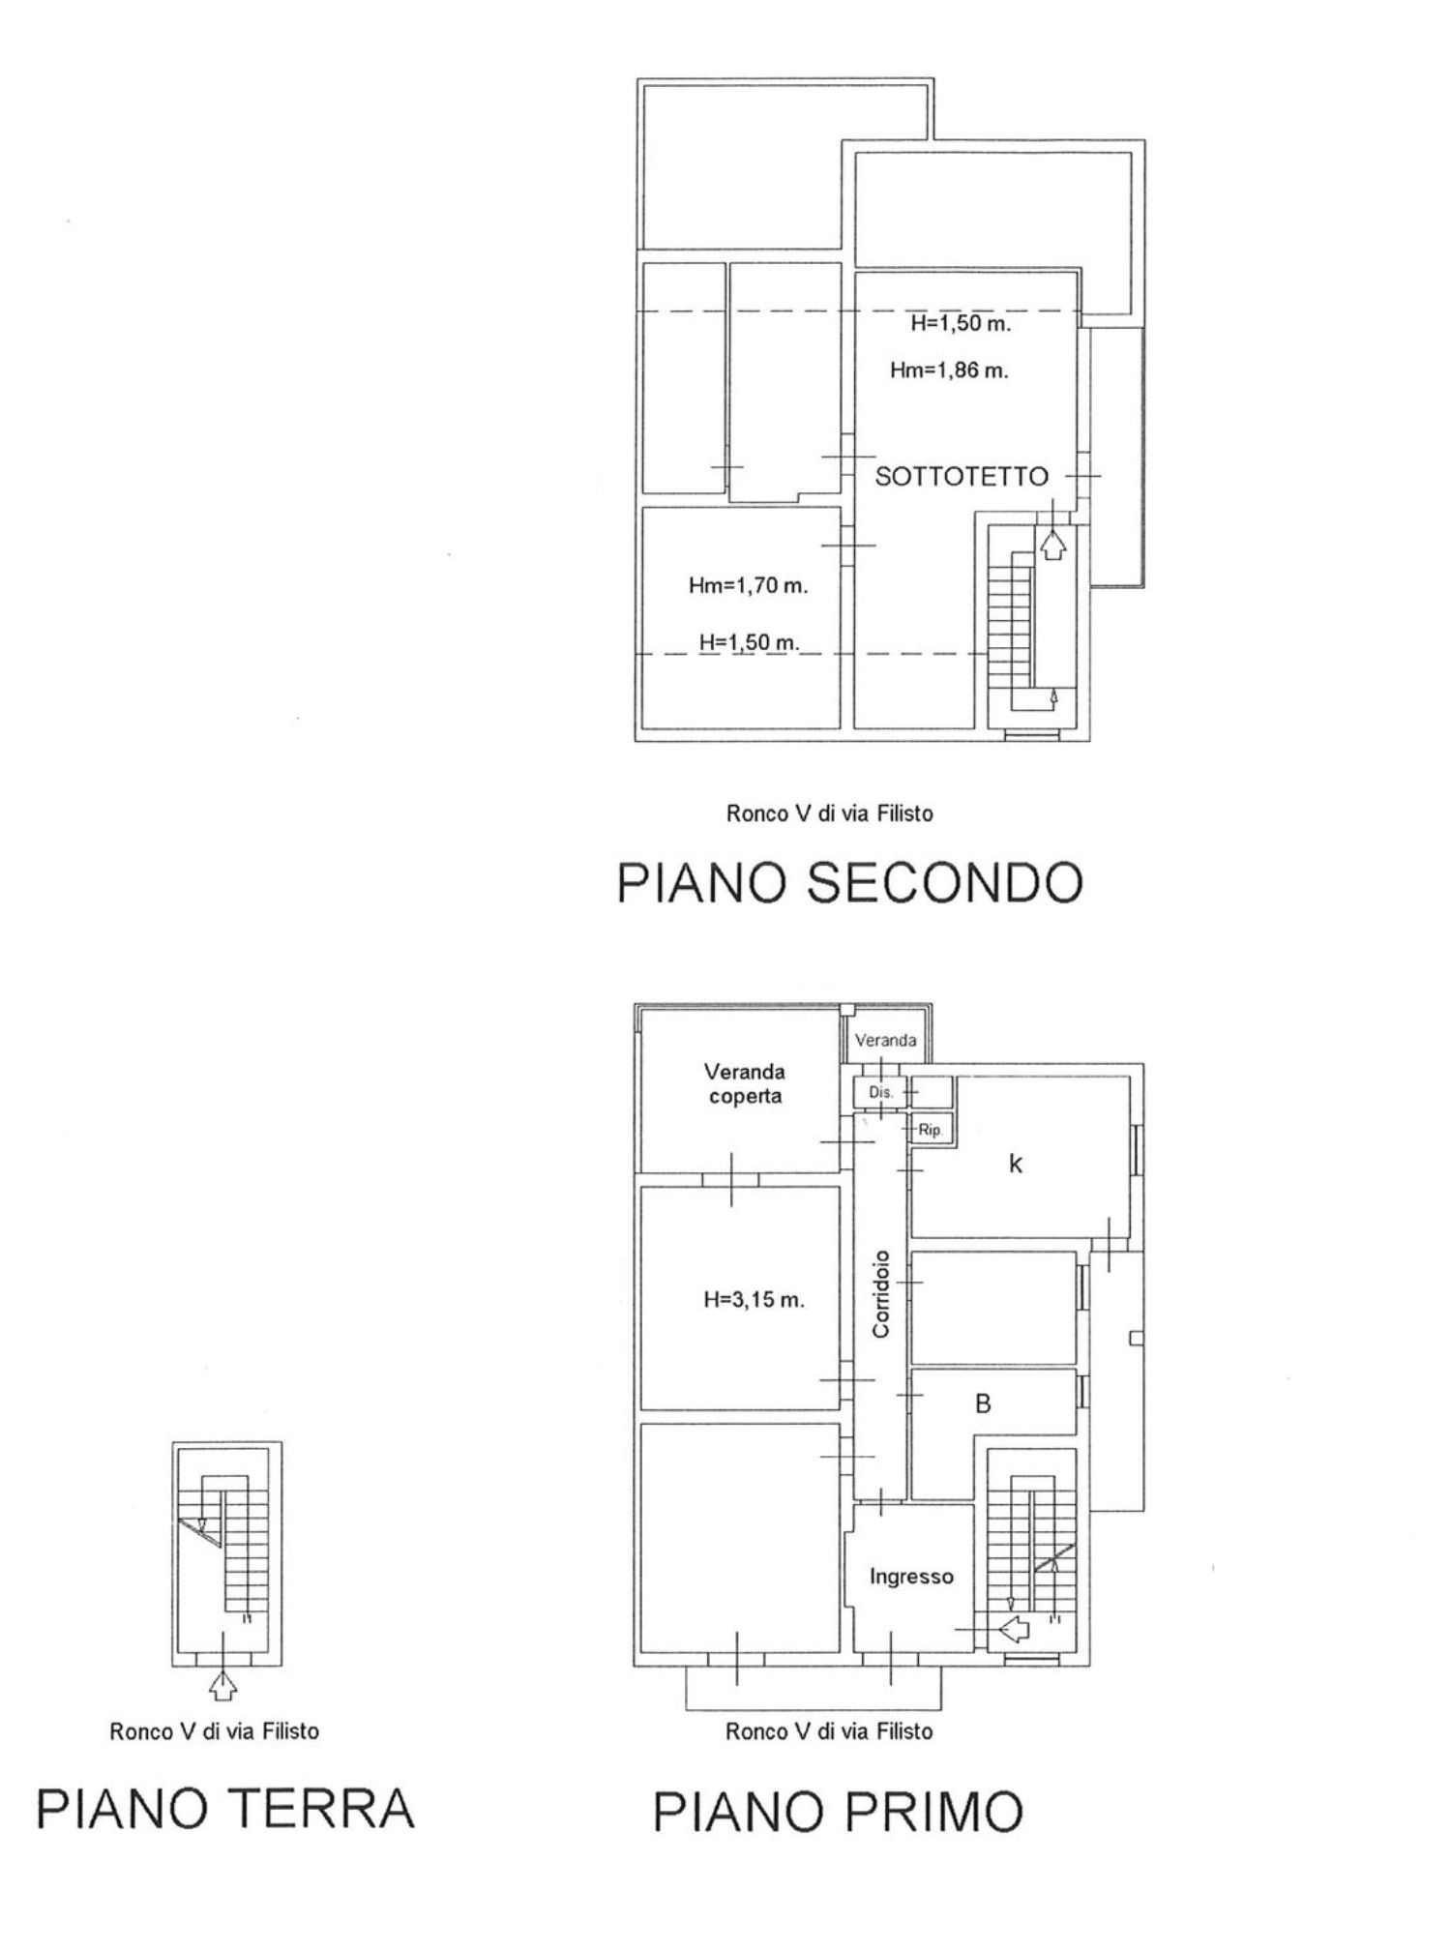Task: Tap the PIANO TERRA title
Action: [225, 1809]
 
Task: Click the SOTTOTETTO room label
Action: [962, 476]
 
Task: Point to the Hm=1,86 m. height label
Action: [949, 369]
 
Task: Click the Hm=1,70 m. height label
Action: [748, 585]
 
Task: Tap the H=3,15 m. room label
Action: [754, 1300]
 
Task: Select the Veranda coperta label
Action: [744, 1083]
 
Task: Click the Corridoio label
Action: [880, 1294]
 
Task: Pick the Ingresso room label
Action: [911, 1577]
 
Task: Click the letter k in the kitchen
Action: [1016, 1165]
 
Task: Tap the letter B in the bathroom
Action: [983, 1403]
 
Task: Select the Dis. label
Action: [880, 1092]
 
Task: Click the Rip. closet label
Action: [930, 1129]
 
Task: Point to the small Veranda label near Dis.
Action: [885, 1041]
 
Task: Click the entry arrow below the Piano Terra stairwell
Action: [223, 1687]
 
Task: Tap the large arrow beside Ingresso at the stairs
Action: [1014, 1630]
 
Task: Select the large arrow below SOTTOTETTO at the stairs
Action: [1052, 546]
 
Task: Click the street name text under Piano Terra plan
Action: [214, 1731]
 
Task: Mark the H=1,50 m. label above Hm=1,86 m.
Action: [961, 324]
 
